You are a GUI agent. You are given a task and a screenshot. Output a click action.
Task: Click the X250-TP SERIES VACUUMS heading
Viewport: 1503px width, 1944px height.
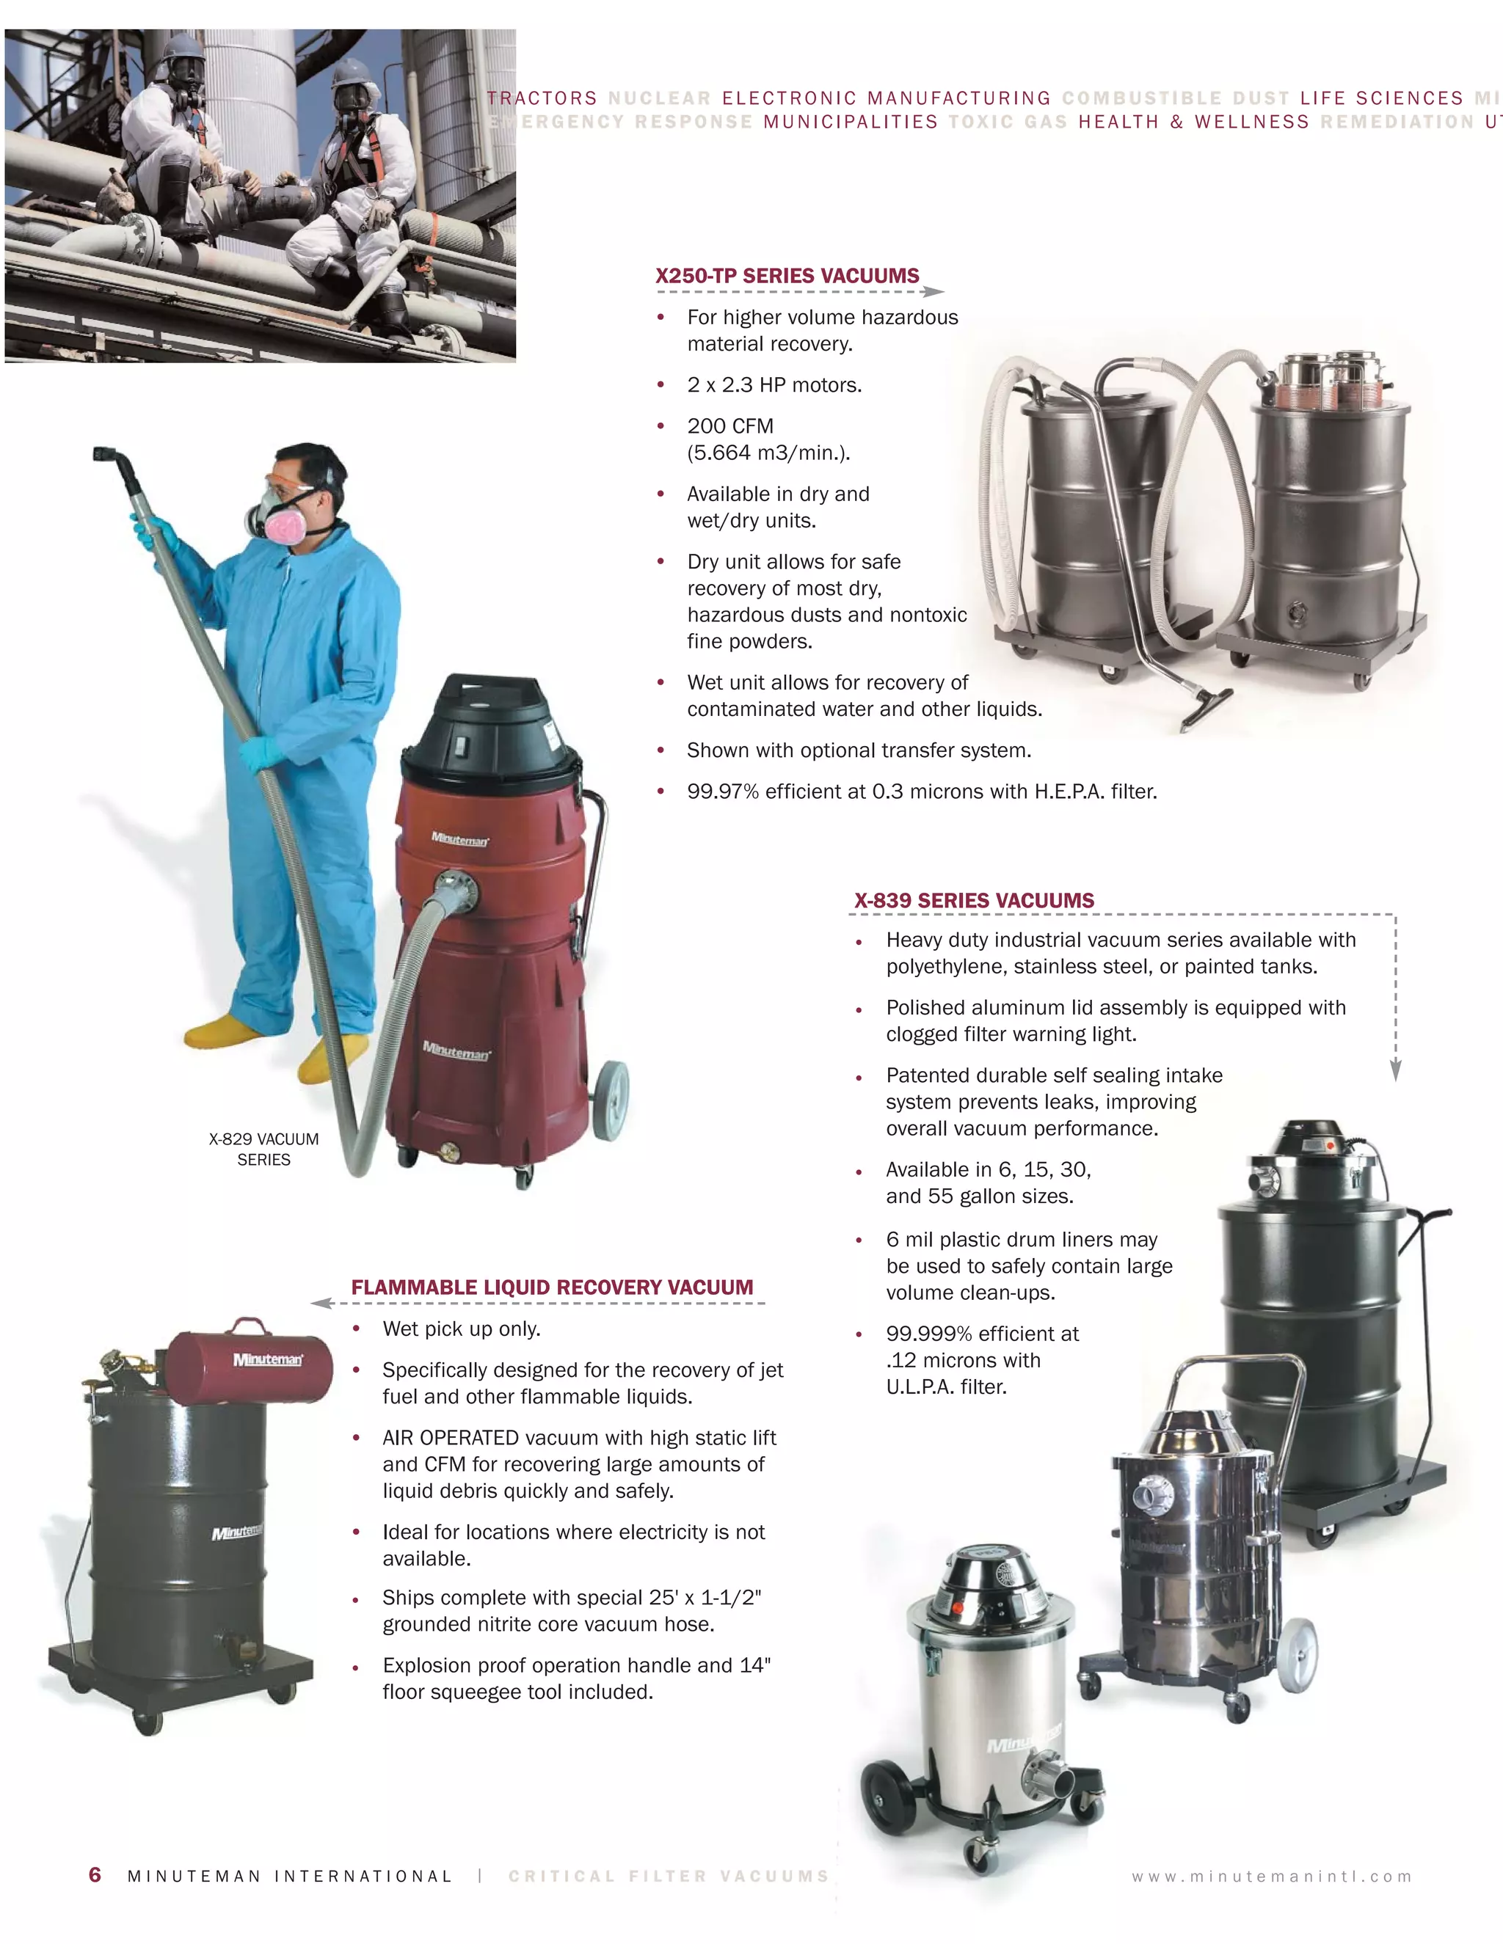coord(787,276)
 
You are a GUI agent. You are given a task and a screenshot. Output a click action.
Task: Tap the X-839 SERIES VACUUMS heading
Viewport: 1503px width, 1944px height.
coord(974,901)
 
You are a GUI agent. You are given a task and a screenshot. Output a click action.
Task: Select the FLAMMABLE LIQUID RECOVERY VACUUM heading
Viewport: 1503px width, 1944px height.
coord(552,1287)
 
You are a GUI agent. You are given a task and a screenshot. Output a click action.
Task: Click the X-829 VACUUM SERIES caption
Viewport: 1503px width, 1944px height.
coord(263,1149)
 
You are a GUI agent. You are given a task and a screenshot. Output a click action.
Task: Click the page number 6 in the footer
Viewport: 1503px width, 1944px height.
coord(95,1874)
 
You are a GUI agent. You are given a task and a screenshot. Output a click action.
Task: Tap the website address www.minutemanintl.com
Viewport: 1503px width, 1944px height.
coord(1272,1877)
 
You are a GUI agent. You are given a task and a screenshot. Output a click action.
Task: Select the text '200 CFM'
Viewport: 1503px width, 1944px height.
coord(730,426)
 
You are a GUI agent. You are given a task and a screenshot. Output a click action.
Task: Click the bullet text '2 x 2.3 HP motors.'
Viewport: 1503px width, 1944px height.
coord(774,385)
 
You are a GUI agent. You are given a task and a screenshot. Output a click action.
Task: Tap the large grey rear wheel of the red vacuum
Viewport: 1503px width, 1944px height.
coord(611,1101)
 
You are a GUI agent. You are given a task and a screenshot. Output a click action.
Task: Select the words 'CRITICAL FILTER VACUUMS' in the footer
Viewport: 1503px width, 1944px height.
coord(669,1877)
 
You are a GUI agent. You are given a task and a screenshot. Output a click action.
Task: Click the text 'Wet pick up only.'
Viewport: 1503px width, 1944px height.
coord(461,1329)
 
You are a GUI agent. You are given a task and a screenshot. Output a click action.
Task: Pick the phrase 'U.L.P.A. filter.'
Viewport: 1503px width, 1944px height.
coord(945,1386)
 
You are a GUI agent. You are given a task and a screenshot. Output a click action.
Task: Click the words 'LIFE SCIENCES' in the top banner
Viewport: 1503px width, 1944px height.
coord(1381,98)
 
